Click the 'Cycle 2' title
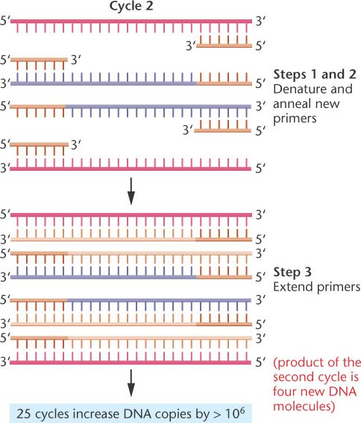coord(131,6)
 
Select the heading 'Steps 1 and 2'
coord(315,74)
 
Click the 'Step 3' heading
coord(292,273)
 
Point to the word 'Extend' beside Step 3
coord(293,287)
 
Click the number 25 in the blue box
coord(23,414)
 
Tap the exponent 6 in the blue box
coord(242,411)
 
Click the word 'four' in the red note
coord(283,392)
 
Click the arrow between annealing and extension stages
coord(131,191)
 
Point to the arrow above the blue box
coord(131,383)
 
